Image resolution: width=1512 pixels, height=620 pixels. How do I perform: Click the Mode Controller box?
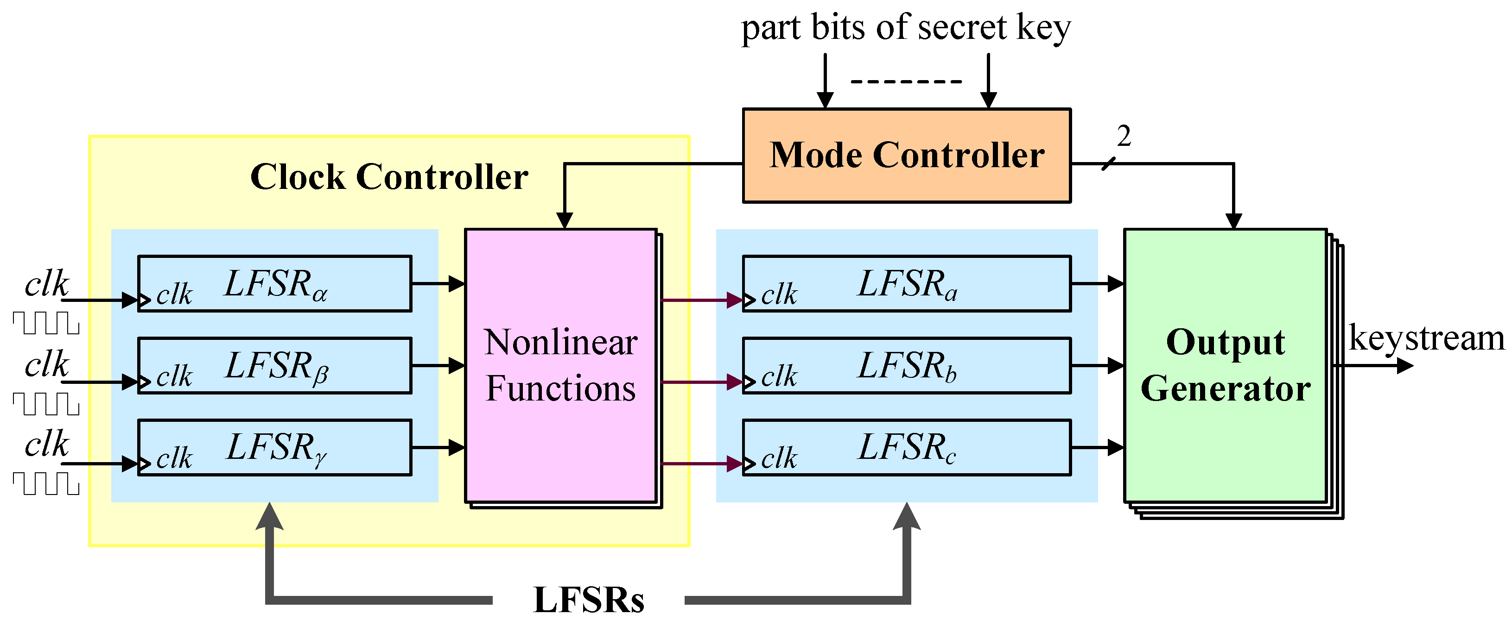coord(906,156)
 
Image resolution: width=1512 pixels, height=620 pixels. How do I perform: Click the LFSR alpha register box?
coord(275,283)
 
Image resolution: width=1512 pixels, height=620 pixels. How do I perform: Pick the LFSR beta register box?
coord(275,365)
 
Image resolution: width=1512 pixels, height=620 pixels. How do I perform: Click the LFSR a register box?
coord(906,283)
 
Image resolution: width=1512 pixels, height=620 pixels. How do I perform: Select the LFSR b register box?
coord(906,365)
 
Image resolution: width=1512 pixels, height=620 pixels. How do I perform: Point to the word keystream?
coord(1426,338)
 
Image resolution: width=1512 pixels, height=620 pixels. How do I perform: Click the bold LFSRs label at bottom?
coord(588,600)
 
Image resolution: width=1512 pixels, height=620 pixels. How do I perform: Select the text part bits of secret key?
coord(906,28)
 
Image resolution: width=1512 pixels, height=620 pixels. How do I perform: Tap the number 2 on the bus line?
coord(1124,136)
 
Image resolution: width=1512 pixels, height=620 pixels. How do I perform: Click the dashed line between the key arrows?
coord(906,81)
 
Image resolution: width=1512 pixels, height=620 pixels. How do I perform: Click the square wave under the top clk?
coord(46,323)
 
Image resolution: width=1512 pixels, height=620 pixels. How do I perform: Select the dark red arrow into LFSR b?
coord(701,382)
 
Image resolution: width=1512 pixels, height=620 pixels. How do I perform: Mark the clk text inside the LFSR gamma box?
coord(174,458)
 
